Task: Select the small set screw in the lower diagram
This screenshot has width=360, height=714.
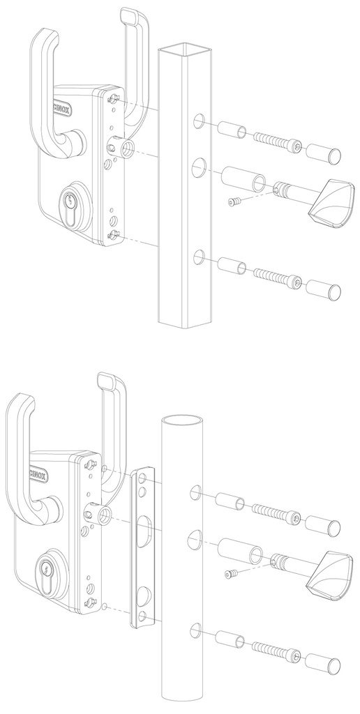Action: point(230,574)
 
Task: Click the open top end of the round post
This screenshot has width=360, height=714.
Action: point(183,420)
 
